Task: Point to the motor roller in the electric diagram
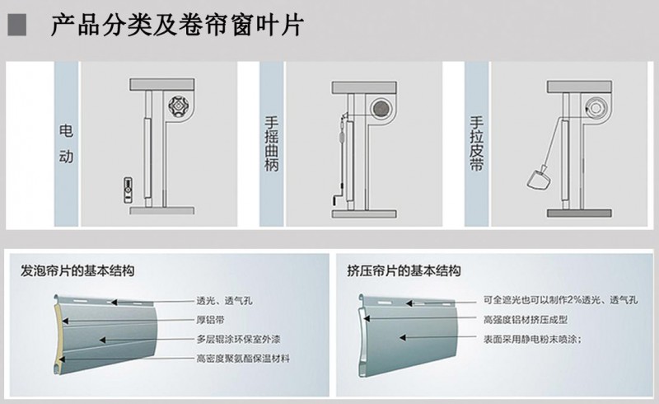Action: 180,107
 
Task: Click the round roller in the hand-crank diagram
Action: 380,108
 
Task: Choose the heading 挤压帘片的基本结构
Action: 404,270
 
